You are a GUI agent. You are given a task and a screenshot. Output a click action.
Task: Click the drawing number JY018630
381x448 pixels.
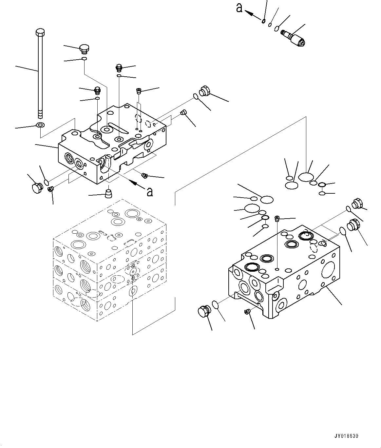(x=346, y=436)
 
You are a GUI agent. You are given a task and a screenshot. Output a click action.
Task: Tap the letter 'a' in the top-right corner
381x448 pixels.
(x=239, y=8)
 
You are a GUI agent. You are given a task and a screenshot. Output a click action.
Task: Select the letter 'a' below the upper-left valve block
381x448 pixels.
(x=150, y=192)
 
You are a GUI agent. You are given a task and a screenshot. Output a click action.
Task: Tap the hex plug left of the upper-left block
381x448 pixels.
(x=36, y=188)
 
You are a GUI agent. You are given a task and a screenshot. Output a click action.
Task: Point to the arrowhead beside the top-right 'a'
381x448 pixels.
(x=250, y=13)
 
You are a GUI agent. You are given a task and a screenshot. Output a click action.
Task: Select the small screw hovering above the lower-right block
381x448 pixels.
(x=277, y=218)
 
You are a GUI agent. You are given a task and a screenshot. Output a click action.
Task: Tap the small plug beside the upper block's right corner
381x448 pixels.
(x=183, y=113)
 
